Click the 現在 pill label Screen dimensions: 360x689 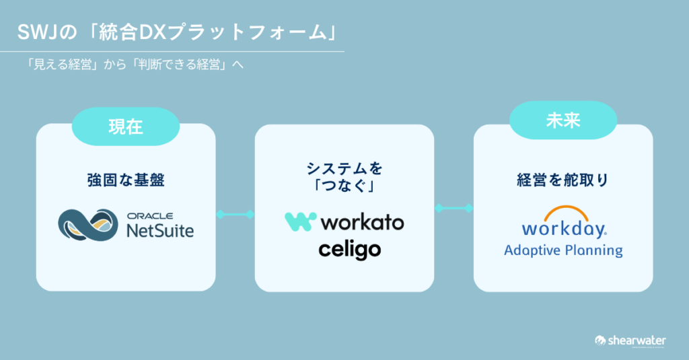(125, 126)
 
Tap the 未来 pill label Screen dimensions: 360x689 (563, 122)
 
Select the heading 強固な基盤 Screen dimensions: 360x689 (126, 180)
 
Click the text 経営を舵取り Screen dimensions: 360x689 (563, 180)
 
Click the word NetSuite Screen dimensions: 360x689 (160, 231)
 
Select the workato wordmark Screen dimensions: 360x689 (362, 222)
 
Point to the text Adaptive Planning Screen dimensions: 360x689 (563, 250)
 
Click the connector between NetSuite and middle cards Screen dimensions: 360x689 (235, 214)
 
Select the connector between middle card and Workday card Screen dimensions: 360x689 (454, 209)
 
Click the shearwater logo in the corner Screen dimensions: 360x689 (630, 340)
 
